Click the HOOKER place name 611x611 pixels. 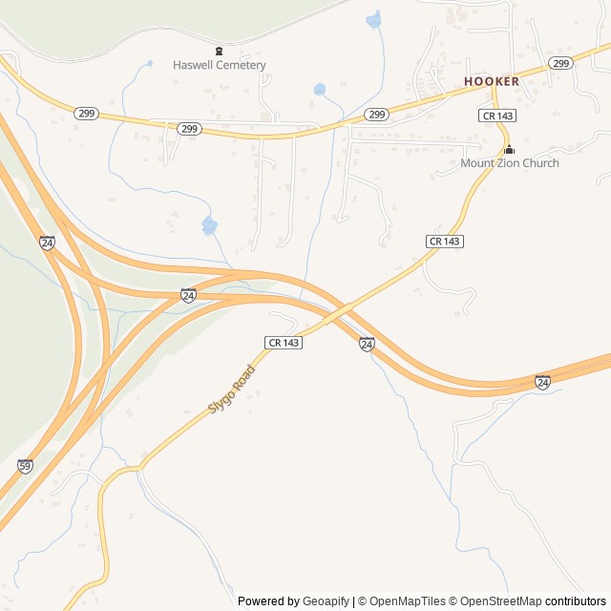coord(492,81)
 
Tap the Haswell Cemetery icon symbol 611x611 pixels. coord(219,51)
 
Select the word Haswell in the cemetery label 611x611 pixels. coord(194,65)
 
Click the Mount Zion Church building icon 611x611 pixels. coord(509,149)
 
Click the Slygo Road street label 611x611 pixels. coord(232,389)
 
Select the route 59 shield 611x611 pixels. coord(26,466)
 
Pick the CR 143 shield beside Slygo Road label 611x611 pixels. coord(284,342)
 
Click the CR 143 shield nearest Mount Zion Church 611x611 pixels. coord(497,115)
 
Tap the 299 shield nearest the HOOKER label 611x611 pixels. coord(560,63)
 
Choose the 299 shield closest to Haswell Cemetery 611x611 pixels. coord(189,128)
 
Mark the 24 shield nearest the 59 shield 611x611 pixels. coord(47,242)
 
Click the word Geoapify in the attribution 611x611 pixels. coord(327,601)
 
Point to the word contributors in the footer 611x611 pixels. coord(576,601)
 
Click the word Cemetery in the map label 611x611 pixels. coord(242,65)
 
